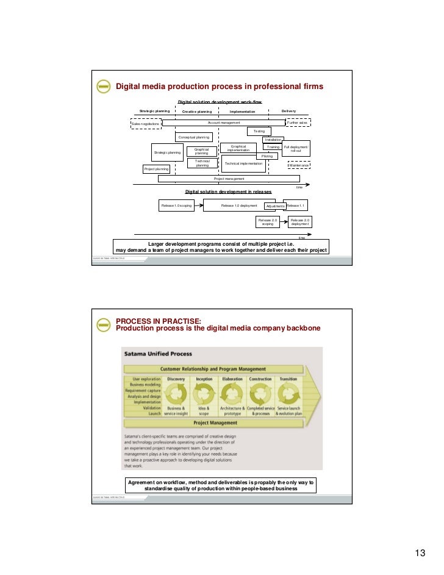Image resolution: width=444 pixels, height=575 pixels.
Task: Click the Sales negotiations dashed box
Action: point(146,123)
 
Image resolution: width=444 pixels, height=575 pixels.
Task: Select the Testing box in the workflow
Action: point(259,131)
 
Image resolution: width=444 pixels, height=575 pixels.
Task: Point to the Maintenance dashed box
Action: point(299,165)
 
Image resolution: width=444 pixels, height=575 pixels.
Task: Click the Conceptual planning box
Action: point(194,137)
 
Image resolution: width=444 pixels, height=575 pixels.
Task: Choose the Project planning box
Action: point(156,169)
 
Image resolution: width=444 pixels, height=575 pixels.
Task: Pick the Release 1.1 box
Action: point(296,205)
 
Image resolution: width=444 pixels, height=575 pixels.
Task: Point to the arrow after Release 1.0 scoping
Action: point(199,205)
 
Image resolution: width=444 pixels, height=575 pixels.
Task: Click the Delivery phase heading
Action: point(288,111)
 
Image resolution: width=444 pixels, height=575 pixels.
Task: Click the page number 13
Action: point(420,553)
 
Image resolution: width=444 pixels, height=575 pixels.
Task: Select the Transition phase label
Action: point(288,379)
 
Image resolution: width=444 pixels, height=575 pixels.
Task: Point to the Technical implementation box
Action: point(243,163)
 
